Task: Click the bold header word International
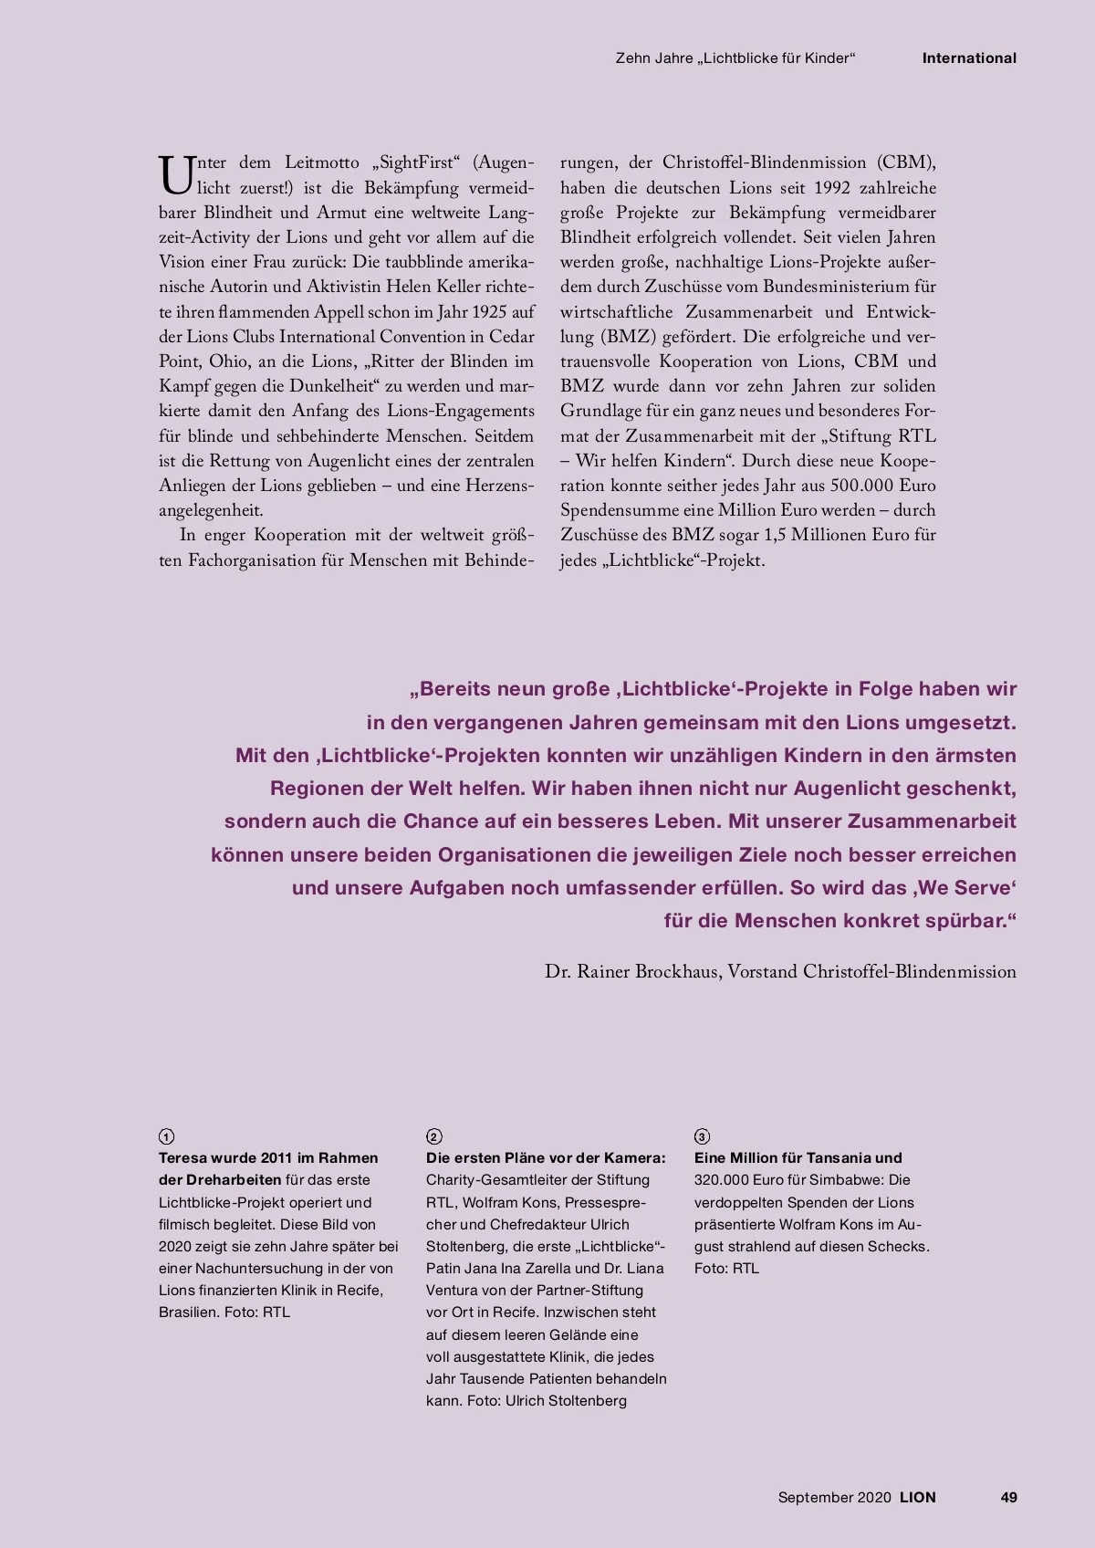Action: click(x=968, y=58)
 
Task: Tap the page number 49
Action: click(x=1008, y=1498)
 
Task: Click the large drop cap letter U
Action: click(x=173, y=174)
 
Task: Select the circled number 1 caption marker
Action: click(x=166, y=1136)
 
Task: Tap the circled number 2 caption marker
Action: click(x=433, y=1136)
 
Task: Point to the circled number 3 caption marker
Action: click(x=702, y=1136)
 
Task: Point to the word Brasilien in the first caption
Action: click(x=188, y=1313)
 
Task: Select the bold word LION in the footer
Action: click(x=917, y=1498)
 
